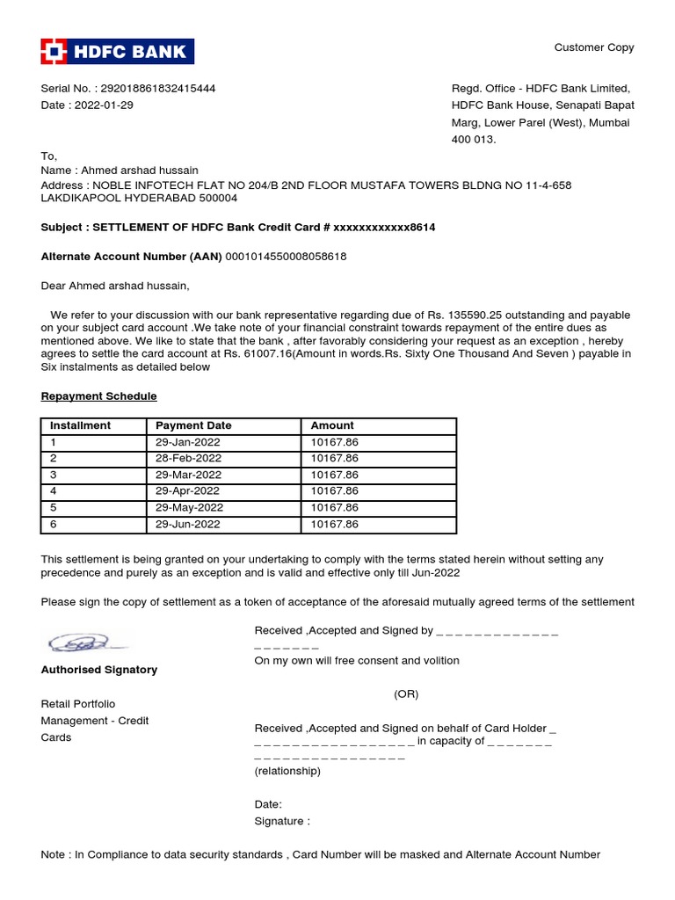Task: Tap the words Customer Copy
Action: click(593, 47)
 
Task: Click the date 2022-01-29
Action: click(105, 105)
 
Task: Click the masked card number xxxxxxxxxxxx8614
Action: click(384, 227)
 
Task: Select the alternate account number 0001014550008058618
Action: click(286, 257)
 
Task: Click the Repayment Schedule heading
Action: click(98, 396)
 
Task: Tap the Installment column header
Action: click(81, 425)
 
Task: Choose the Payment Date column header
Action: click(193, 425)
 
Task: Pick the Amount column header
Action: click(332, 425)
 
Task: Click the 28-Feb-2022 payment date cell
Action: click(188, 459)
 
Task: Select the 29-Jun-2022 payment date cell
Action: click(188, 525)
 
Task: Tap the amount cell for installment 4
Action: click(335, 491)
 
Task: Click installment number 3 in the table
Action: click(54, 475)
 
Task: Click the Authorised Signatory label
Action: click(99, 670)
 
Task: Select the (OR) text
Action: click(406, 694)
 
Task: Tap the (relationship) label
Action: click(287, 772)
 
